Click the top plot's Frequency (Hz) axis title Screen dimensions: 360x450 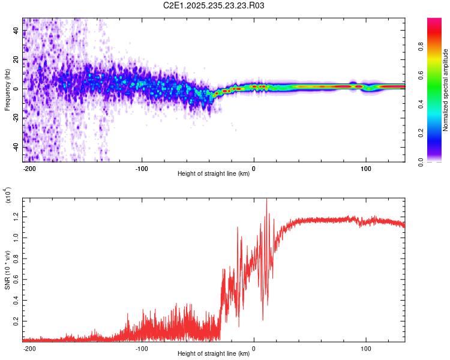(7, 89)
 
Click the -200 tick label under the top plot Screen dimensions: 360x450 (29, 168)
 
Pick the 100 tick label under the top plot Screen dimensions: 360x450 (366, 168)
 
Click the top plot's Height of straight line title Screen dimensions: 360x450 (214, 174)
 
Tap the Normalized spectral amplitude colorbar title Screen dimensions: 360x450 (446, 90)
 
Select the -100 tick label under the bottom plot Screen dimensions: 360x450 (142, 348)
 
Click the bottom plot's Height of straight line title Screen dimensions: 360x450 (214, 354)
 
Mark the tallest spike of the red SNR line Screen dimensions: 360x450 (266, 199)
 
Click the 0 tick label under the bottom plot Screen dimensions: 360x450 (254, 348)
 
